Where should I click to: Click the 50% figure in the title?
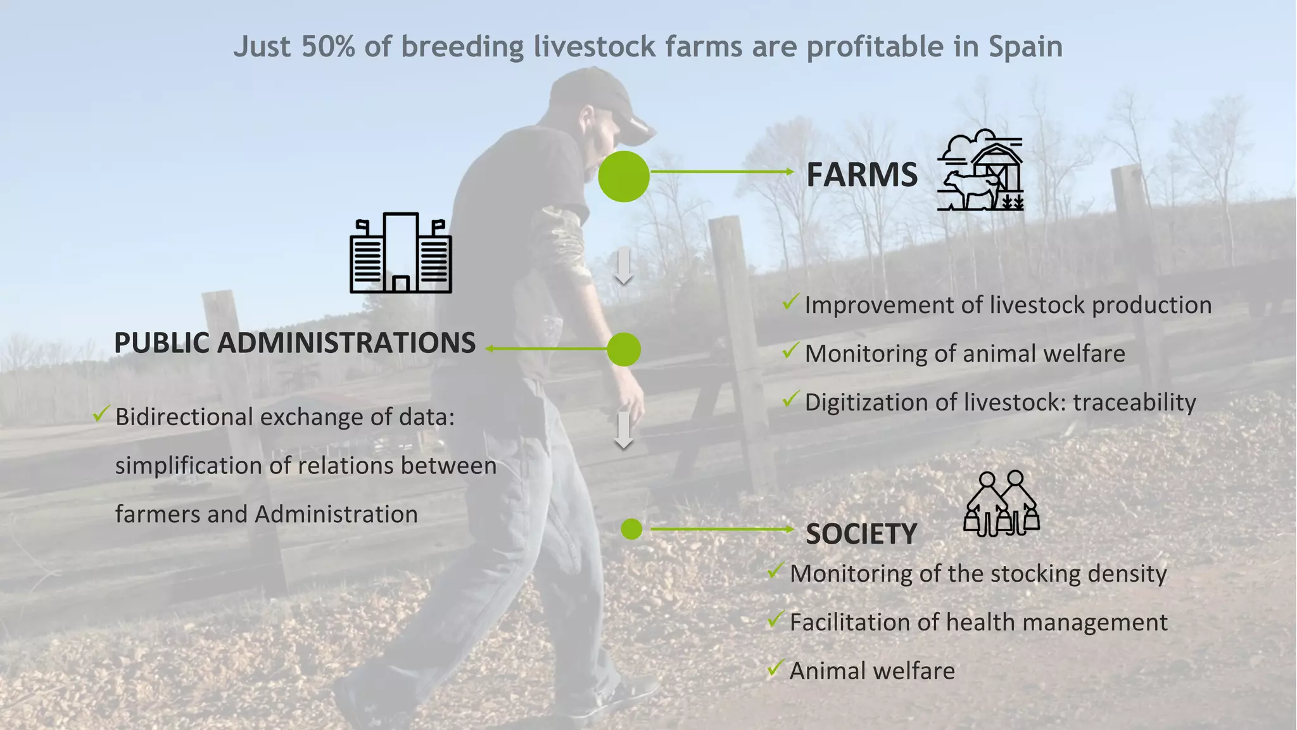click(x=328, y=47)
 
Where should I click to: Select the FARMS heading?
click(x=861, y=175)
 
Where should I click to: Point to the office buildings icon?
click(x=401, y=253)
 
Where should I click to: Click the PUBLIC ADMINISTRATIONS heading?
click(x=294, y=343)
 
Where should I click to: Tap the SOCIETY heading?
click(x=861, y=534)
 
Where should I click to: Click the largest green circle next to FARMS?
click(x=624, y=176)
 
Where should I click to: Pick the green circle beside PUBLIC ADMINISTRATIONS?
click(x=624, y=349)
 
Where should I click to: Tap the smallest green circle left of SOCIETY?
click(x=631, y=529)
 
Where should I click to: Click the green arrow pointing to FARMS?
click(x=722, y=172)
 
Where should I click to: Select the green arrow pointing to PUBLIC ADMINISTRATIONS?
click(x=548, y=349)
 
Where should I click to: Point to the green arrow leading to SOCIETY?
click(x=722, y=528)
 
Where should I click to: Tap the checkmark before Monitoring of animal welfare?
click(x=790, y=350)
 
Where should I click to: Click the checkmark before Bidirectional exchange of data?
click(x=101, y=414)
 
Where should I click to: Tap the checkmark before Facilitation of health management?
click(x=775, y=619)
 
